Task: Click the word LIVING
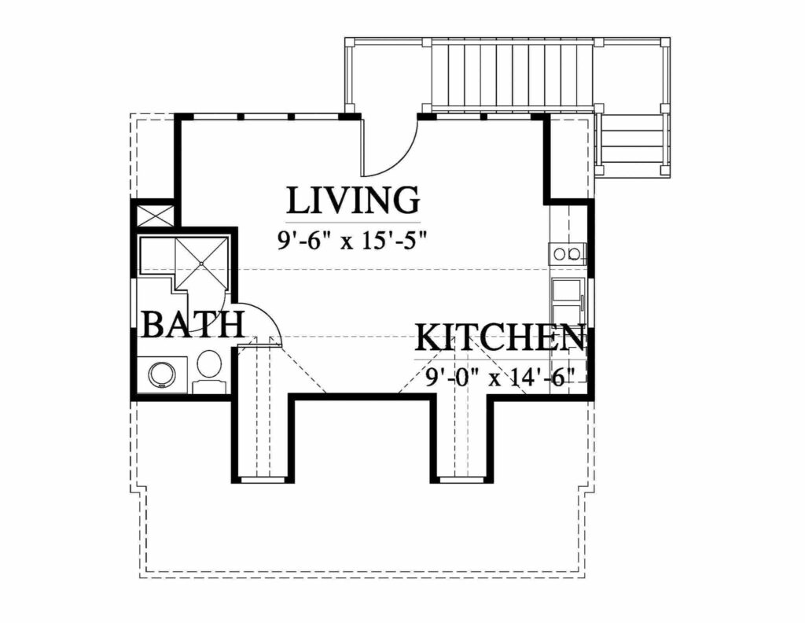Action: tap(352, 201)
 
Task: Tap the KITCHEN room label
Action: tap(500, 338)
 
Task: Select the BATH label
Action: tap(192, 324)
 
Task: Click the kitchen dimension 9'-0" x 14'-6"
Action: tap(501, 377)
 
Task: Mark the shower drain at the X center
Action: tap(200, 263)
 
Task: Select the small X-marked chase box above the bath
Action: tap(154, 216)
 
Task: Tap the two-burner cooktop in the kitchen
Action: tap(568, 253)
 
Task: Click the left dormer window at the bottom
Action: tap(263, 478)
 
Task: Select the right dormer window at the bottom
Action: tap(461, 478)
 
